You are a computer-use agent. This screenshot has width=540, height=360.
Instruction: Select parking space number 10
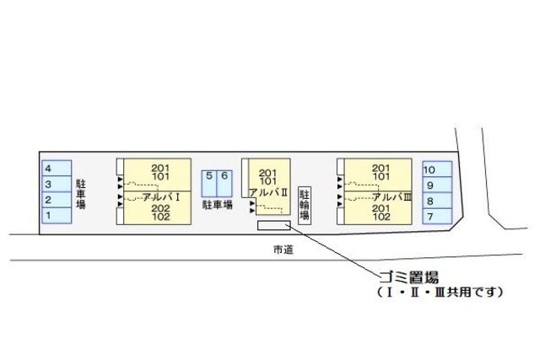click(436, 169)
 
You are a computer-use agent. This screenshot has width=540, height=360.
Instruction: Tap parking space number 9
click(436, 185)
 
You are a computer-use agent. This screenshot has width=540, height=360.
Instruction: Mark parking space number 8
click(436, 201)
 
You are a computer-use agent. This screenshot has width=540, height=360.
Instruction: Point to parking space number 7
click(436, 218)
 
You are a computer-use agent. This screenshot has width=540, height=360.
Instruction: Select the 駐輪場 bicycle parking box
click(305, 203)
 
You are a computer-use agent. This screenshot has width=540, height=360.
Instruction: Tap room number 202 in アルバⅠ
click(160, 207)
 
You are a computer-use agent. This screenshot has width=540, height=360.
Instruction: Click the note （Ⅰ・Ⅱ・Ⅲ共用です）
click(440, 293)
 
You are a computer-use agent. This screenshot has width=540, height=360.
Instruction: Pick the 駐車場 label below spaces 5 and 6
click(217, 204)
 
